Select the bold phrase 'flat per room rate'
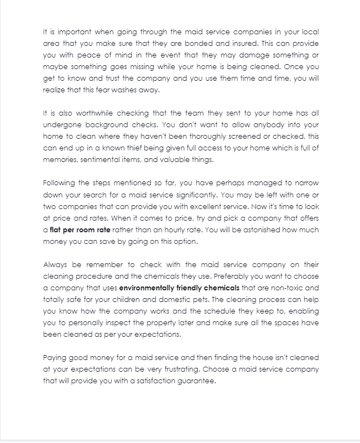pos(80,230)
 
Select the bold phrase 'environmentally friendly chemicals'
pos(179,288)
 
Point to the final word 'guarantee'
pos(195,381)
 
